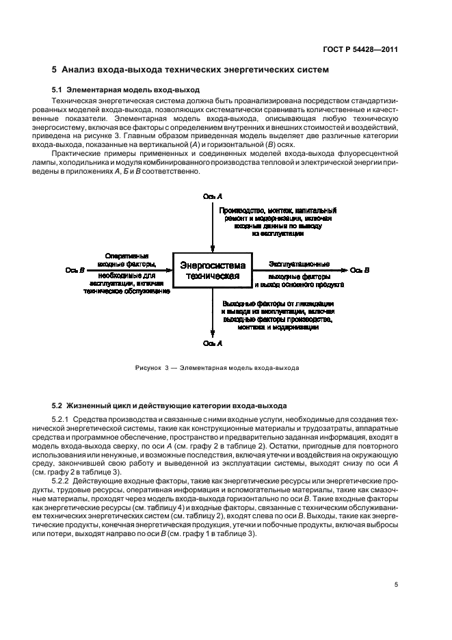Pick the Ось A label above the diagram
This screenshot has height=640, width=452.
click(213, 197)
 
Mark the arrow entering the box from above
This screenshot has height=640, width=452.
click(213, 226)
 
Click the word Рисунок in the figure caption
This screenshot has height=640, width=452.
click(147, 367)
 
